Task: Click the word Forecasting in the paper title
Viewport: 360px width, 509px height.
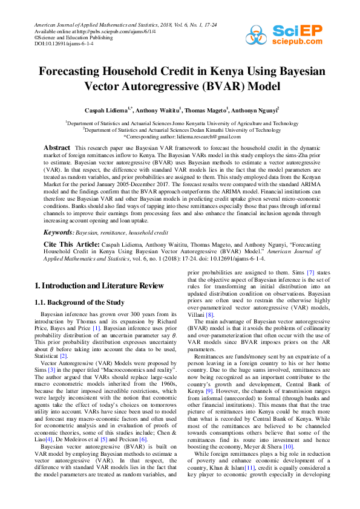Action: point(74,71)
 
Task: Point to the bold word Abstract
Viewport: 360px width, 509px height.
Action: point(57,148)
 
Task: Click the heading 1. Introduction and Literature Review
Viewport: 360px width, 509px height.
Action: point(98,285)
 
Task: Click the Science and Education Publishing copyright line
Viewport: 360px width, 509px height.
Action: point(73,37)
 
